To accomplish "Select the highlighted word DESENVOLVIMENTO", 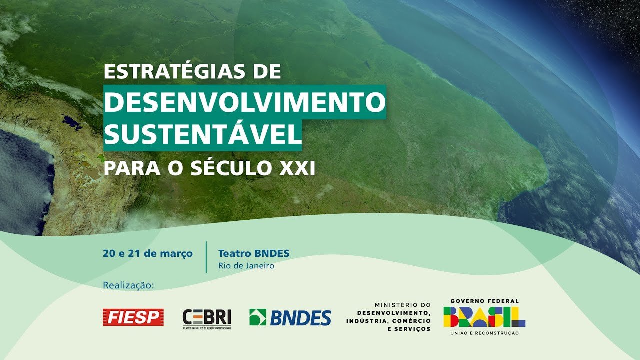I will (245, 102).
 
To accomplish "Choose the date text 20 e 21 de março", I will (147, 254).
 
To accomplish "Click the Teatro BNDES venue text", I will (253, 254).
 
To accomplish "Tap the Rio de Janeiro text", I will (246, 266).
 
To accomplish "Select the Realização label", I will (128, 285).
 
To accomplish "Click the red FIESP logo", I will (133, 317).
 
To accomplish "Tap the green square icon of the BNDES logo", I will (258, 317).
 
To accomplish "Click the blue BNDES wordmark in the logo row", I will (301, 318).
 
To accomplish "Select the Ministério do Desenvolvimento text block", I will (388, 317).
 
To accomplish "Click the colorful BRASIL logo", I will (484, 317).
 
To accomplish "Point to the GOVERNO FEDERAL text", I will (484, 301).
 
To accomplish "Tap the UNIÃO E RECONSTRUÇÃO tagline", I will (484, 333).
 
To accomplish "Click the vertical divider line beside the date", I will (206, 257).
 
